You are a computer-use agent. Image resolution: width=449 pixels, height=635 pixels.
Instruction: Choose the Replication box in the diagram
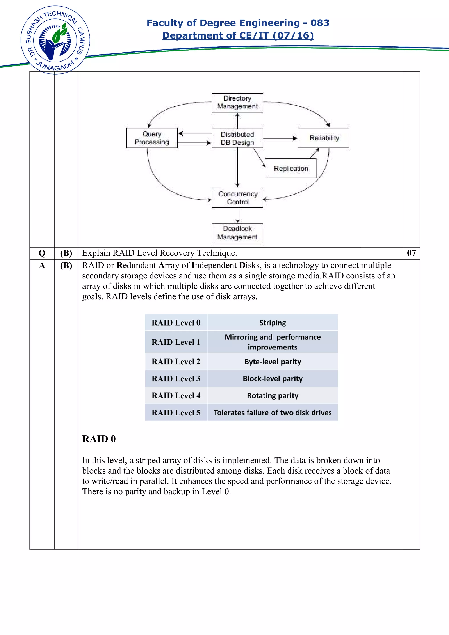point(290,169)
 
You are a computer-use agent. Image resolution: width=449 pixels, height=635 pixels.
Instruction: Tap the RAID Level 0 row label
point(176,323)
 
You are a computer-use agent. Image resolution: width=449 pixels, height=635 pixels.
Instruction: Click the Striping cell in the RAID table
point(273,323)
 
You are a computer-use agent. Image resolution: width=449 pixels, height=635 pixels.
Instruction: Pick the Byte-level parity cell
point(273,362)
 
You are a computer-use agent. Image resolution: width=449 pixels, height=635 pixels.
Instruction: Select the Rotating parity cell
point(273,396)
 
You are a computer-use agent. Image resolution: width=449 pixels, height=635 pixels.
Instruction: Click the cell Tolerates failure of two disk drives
point(273,413)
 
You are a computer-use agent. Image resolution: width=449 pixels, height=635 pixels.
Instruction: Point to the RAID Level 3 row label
point(176,379)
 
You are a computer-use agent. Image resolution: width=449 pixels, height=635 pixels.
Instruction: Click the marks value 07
point(411,253)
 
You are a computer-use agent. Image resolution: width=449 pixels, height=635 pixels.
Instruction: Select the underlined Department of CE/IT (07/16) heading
point(238,36)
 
